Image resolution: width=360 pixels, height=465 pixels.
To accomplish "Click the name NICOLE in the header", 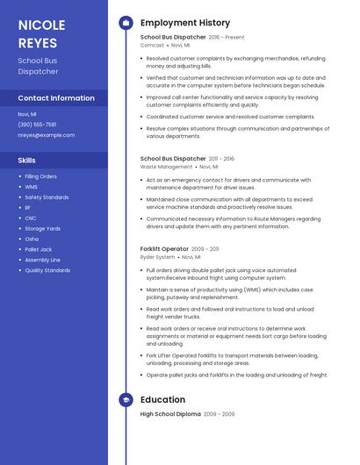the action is [40, 24].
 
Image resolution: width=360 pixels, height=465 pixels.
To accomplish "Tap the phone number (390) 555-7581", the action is [37, 125].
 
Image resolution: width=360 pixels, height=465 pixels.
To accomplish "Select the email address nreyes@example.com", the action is [46, 135].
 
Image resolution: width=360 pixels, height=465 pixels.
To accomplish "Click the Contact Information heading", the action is [55, 98].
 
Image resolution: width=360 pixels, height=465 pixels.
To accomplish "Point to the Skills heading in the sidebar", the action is [26, 161].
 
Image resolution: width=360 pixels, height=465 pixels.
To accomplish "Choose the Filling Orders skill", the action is [41, 176].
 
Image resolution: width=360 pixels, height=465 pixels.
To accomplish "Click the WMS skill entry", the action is [31, 187].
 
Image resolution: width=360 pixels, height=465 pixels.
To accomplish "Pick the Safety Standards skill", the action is [47, 197].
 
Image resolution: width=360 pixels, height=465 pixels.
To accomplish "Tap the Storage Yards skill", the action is [42, 228].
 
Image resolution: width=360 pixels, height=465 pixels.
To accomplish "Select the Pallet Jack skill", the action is [39, 249].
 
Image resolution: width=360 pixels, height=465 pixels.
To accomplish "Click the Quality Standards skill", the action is [47, 270].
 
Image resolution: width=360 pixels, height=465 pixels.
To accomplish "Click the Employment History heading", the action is [185, 23].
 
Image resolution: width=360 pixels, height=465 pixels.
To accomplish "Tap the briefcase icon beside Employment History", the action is [126, 23].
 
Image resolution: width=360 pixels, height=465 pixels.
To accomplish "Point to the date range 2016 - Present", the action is [227, 38].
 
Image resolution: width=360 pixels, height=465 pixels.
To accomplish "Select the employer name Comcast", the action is [152, 45].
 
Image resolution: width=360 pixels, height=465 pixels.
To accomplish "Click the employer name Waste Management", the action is [166, 167].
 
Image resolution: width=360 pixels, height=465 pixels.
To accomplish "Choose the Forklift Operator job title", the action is [163, 249].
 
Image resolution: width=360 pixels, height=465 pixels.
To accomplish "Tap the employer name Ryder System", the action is [157, 257].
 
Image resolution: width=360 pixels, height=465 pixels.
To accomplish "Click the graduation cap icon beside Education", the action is [126, 399].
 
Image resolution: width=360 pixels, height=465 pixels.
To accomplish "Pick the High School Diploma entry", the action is [171, 414].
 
